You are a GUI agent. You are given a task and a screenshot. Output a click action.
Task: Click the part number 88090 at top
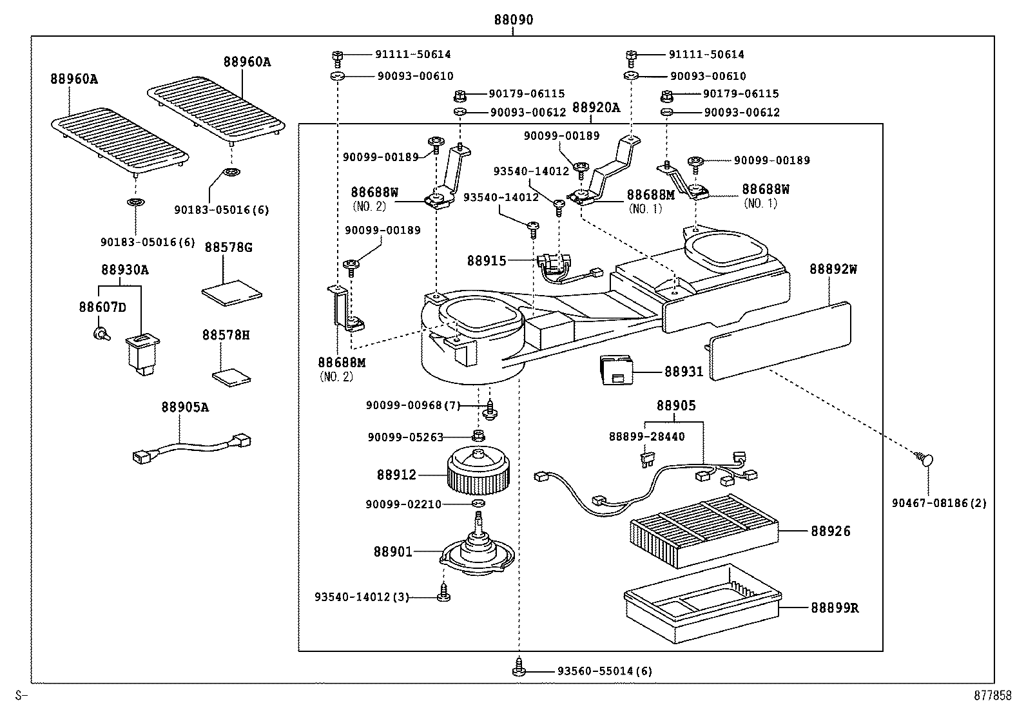coord(514,20)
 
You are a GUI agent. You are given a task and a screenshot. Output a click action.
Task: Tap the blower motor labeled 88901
coord(478,553)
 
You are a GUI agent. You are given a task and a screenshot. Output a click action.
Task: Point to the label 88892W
coord(833,269)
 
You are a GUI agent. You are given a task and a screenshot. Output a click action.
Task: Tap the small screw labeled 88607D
coord(101,333)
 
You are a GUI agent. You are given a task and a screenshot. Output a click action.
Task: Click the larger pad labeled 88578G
coord(232,291)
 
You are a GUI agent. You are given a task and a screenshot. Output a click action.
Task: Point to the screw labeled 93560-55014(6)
coord(519,667)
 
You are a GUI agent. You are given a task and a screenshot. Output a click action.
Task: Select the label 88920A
coord(595,108)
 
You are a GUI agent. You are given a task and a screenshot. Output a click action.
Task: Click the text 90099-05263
coord(405,437)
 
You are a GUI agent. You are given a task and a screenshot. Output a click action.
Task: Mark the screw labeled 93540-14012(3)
coord(443,593)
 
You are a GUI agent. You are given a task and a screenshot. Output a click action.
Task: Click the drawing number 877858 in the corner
coord(992,696)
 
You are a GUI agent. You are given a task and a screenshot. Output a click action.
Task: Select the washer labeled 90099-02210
coord(478,502)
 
